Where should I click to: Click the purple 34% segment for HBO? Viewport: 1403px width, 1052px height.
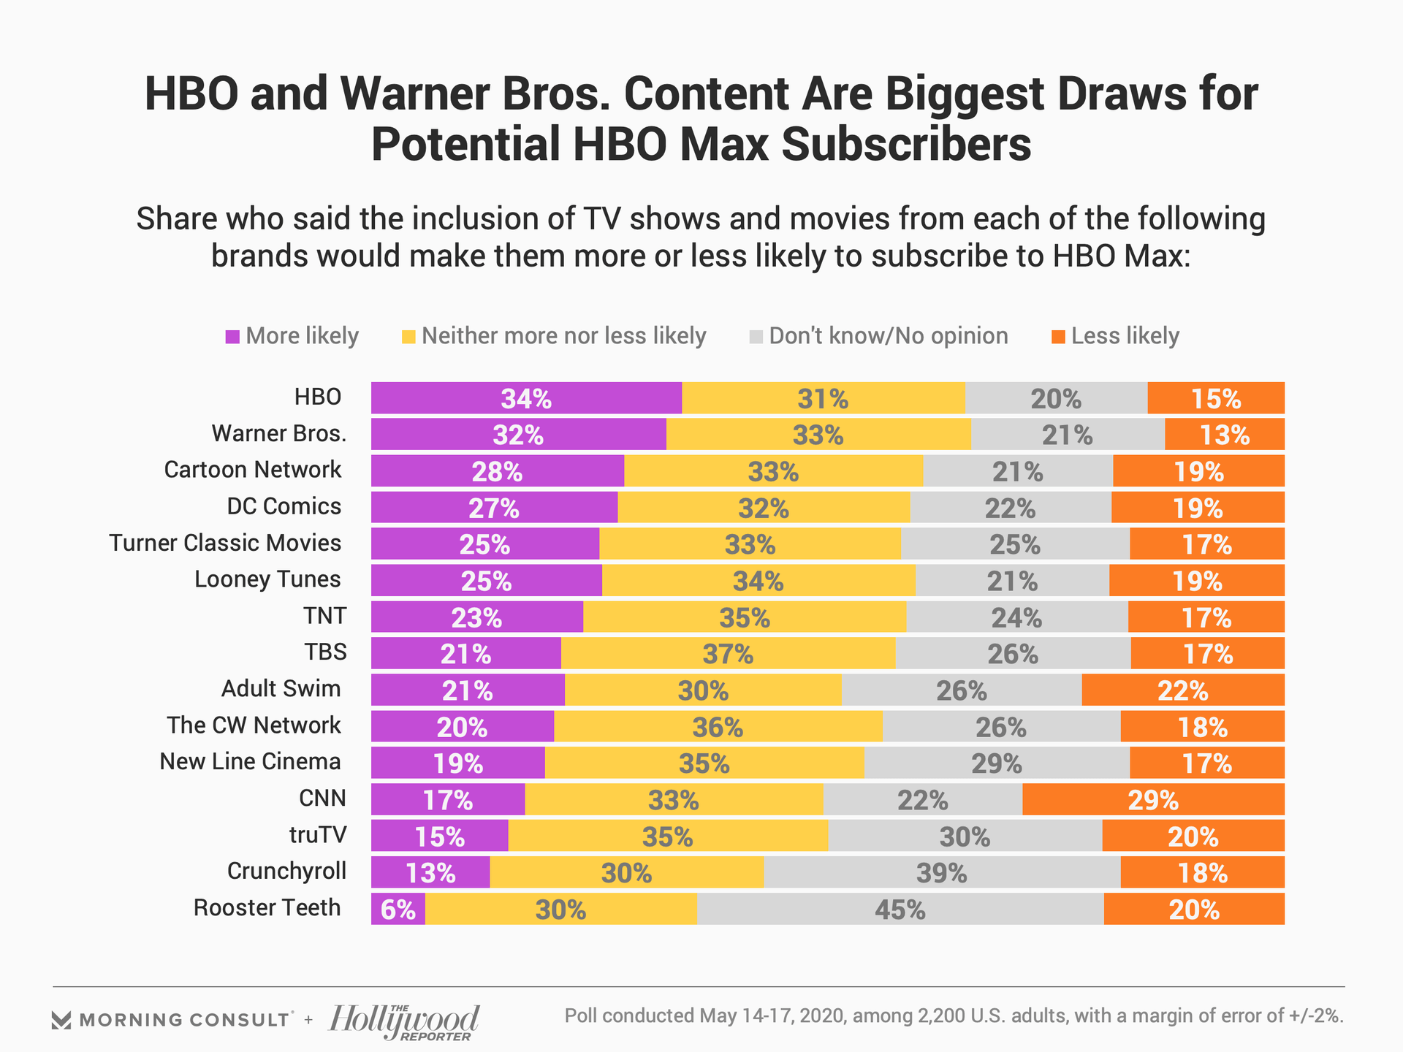pyautogui.click(x=526, y=398)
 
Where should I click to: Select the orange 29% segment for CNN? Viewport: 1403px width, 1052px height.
pyautogui.click(x=1153, y=799)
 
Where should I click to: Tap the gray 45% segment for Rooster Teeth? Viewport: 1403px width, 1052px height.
pyautogui.click(x=900, y=909)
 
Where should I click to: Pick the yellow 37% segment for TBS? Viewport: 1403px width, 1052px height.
pyautogui.click(x=728, y=653)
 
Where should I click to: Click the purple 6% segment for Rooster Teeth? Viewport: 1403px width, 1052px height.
pyautogui.click(x=398, y=909)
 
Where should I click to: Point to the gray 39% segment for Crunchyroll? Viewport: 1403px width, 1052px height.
pyautogui.click(x=942, y=872)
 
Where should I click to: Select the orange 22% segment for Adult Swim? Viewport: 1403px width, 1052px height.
pyautogui.click(x=1183, y=690)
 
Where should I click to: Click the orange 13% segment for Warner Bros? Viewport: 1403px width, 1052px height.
pyautogui.click(x=1225, y=435)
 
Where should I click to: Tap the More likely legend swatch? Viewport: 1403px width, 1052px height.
pyautogui.click(x=233, y=337)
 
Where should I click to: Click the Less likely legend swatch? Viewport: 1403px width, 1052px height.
pyautogui.click(x=1058, y=337)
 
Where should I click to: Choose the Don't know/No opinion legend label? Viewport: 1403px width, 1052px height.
pyautogui.click(x=889, y=336)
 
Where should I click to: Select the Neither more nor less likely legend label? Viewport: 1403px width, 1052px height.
pyautogui.click(x=564, y=336)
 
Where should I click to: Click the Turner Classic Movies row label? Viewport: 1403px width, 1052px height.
pyautogui.click(x=225, y=543)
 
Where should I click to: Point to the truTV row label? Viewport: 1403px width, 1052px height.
pyautogui.click(x=318, y=834)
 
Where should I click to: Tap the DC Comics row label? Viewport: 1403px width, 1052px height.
pyautogui.click(x=284, y=506)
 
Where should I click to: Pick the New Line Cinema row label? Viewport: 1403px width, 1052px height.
pyautogui.click(x=250, y=761)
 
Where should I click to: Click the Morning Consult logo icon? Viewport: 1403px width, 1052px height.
pyautogui.click(x=61, y=1020)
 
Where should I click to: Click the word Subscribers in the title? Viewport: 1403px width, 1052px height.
pyautogui.click(x=906, y=144)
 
